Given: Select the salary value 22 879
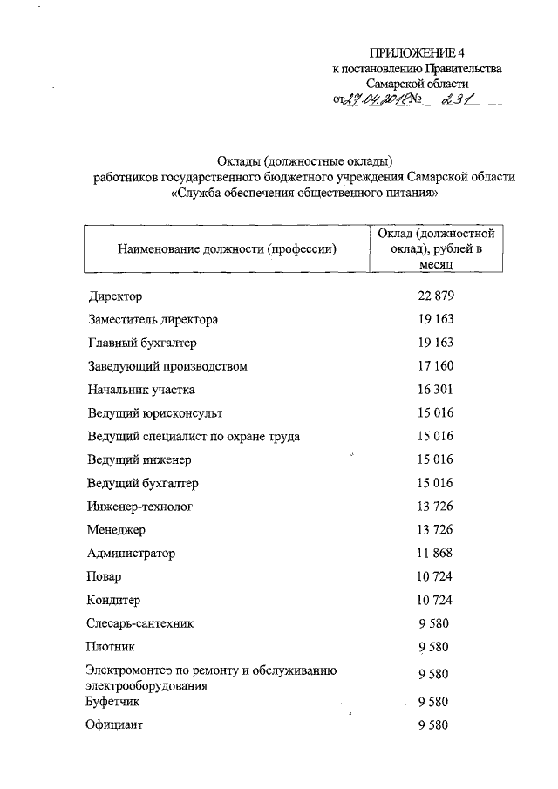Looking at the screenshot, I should (433, 296).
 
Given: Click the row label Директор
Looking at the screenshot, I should (114, 297).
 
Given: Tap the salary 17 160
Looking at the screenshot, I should (433, 366).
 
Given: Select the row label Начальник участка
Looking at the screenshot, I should (141, 390).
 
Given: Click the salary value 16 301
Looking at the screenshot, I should (433, 390).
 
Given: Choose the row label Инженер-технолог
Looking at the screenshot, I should (139, 506).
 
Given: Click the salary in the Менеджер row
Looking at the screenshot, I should (433, 529).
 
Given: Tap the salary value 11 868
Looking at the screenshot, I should (433, 553).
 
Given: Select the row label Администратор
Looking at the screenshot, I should (131, 553).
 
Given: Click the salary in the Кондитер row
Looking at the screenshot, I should (433, 600).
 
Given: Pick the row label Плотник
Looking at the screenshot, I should (111, 647).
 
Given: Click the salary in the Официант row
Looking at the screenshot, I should (433, 724).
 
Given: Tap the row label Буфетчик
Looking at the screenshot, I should (113, 701).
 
